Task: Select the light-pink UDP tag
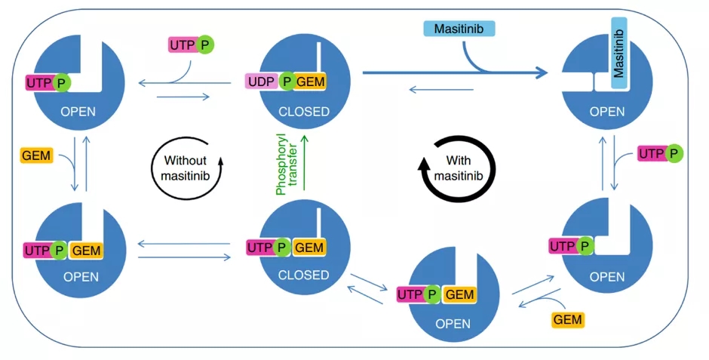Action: click(260, 82)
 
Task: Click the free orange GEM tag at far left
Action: click(36, 156)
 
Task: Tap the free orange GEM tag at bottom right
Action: click(568, 319)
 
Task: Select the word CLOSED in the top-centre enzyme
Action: click(304, 112)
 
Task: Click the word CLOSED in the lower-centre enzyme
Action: click(304, 275)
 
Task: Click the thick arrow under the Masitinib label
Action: click(453, 73)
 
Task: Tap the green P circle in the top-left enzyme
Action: click(61, 82)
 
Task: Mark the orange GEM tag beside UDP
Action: click(311, 82)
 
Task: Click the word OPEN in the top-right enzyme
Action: click(607, 112)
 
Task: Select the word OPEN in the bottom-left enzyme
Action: click(81, 276)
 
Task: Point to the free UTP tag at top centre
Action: click(182, 45)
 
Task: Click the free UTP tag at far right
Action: click(651, 154)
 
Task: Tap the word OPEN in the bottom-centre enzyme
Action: click(453, 323)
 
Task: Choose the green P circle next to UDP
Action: click(287, 82)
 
